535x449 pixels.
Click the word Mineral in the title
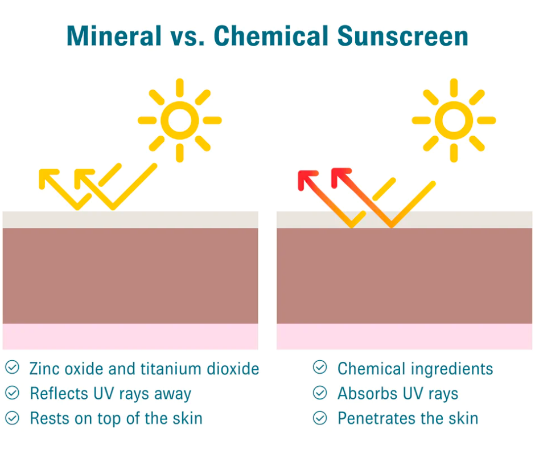pos(114,35)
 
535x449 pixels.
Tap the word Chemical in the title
pos(271,35)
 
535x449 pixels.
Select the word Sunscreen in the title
pos(402,35)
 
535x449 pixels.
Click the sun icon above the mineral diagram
pos(180,120)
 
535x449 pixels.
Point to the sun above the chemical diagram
pos(454,120)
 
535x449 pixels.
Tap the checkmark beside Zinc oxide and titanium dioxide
pos(13,368)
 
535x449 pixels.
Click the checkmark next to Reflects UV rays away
pos(13,393)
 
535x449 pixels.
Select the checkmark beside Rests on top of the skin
pos(13,418)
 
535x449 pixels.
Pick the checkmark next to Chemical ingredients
pos(320,368)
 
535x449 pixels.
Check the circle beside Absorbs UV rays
pos(320,393)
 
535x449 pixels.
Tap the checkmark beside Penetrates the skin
pos(320,418)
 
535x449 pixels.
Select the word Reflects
pos(59,393)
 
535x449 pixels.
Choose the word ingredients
pos(452,369)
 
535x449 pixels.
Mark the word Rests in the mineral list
pos(50,419)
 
